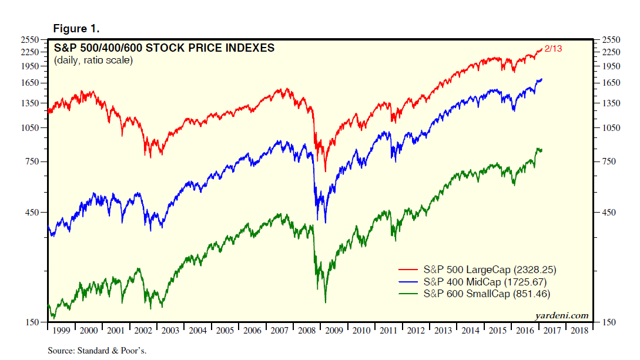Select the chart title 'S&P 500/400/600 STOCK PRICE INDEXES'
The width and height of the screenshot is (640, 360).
point(164,48)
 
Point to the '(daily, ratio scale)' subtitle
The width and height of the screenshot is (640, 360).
point(93,60)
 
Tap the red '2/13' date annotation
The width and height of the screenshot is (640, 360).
point(554,49)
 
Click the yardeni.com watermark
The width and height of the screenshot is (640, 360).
point(561,315)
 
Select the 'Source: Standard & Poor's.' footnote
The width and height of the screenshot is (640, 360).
point(96,351)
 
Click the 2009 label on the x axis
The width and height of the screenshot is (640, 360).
point(334,331)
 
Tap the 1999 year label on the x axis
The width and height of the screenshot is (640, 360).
point(61,331)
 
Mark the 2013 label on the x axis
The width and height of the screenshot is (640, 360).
point(443,331)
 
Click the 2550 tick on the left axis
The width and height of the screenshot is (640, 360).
point(30,40)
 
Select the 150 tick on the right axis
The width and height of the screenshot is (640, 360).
point(611,322)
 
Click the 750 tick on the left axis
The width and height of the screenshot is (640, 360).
point(32,162)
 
